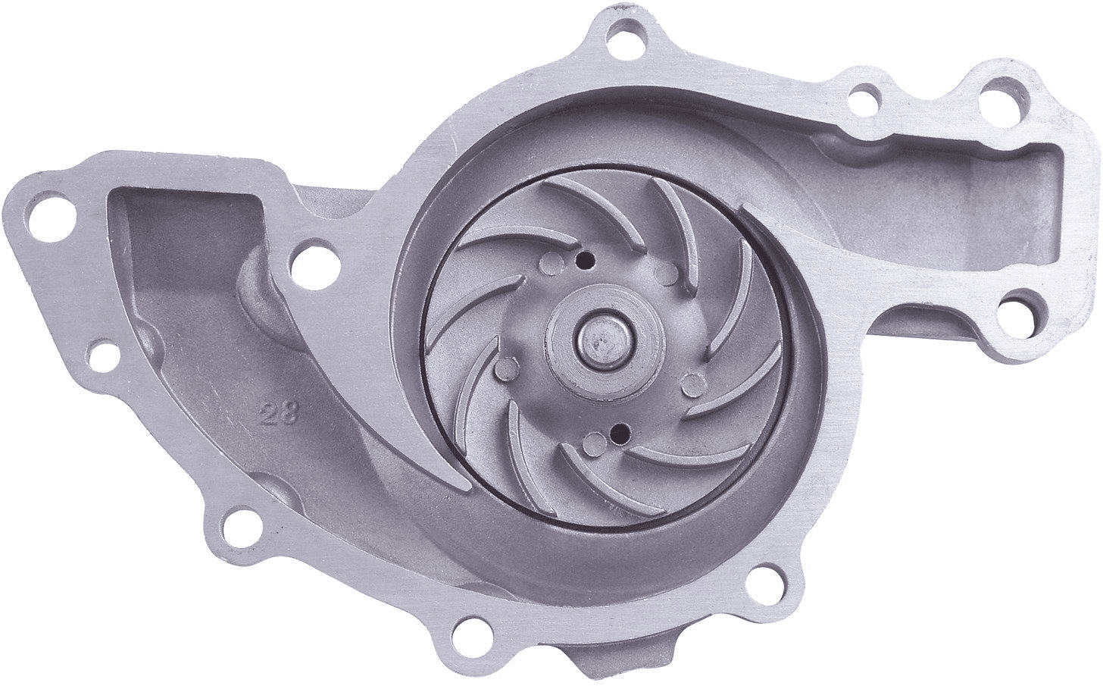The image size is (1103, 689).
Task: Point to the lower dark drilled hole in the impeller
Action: click(x=618, y=434)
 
